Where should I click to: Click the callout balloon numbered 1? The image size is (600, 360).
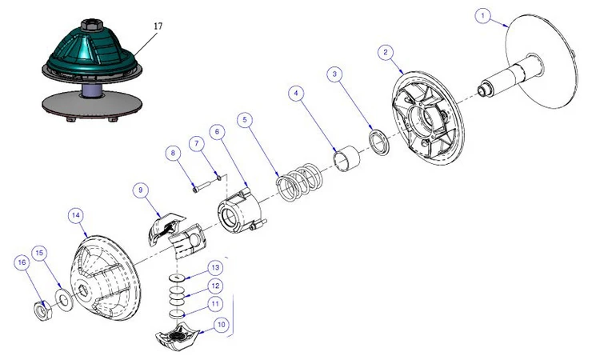click(x=482, y=14)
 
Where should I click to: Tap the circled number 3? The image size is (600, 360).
click(x=336, y=74)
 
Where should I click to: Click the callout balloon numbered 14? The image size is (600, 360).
click(x=76, y=215)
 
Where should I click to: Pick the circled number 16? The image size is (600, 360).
click(x=22, y=262)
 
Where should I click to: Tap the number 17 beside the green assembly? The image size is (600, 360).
click(x=158, y=26)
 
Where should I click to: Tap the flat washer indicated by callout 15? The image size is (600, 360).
click(x=62, y=300)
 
